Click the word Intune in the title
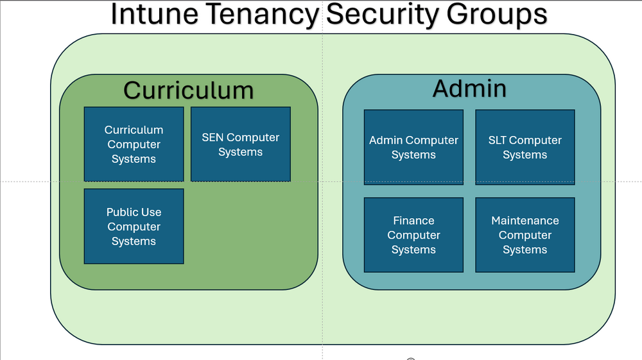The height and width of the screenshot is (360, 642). point(155,14)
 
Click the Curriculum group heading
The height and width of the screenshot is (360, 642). point(188,90)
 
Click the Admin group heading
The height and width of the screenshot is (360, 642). point(469,89)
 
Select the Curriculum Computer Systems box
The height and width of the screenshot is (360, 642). point(134,144)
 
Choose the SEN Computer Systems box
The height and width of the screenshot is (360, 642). point(241,144)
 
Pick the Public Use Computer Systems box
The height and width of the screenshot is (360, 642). point(134,227)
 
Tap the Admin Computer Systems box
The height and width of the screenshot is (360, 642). point(413,148)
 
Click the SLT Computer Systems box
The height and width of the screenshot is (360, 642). point(525,148)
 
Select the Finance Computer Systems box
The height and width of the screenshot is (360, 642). point(413,235)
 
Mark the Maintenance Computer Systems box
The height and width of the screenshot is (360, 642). point(525,235)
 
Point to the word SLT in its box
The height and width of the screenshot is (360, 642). point(497,141)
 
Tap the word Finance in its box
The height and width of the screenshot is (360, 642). point(413,221)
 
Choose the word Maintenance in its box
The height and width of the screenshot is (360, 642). point(525,221)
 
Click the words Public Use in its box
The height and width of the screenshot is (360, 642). point(134,212)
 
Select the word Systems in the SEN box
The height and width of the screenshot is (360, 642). point(240,152)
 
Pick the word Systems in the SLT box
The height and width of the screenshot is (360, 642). point(525,155)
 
